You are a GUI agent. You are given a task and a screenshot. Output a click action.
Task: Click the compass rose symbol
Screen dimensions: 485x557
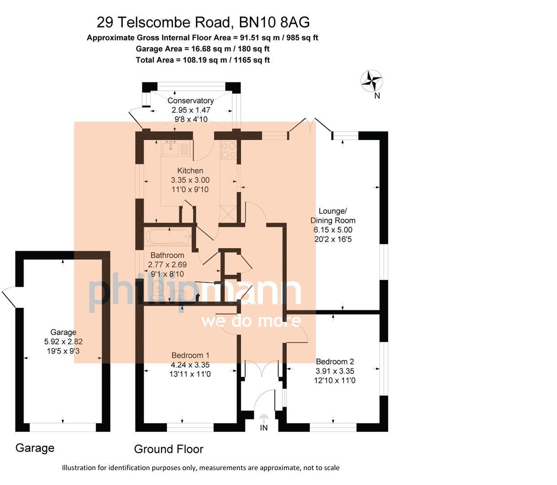point(371,81)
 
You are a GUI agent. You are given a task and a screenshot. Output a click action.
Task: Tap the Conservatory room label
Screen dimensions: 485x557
point(190,101)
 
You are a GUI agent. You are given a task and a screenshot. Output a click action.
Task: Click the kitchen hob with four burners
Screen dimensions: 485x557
point(228,150)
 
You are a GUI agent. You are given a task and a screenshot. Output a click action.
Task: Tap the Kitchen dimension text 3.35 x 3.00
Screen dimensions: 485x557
point(190,180)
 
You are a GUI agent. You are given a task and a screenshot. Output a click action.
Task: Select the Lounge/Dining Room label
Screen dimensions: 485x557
point(333,216)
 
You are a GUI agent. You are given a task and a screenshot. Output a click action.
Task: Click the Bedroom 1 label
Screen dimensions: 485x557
point(190,355)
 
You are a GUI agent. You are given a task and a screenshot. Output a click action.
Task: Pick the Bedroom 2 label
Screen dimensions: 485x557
point(335,362)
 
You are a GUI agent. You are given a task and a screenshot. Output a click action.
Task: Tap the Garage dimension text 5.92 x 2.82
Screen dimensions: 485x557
point(63,341)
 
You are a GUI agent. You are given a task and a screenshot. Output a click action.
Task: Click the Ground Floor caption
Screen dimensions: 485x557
point(168,449)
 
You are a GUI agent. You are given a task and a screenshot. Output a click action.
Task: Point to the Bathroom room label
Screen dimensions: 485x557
point(167,255)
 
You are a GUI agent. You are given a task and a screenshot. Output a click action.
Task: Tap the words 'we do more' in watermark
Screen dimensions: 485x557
point(251,321)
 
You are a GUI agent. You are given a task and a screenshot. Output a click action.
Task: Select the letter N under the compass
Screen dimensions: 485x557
point(377,96)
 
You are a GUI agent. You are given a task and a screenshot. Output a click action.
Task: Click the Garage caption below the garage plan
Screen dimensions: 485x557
point(35,448)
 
